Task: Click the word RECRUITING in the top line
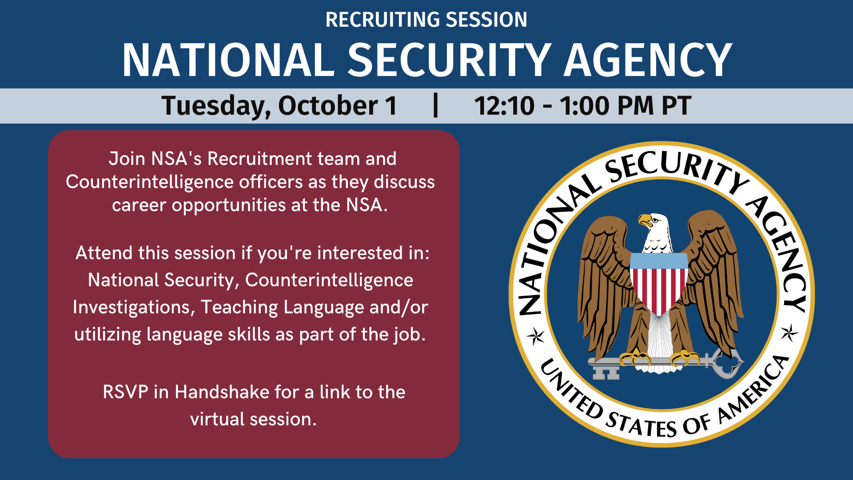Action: (383, 20)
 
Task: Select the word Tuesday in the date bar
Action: (216, 106)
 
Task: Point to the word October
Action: (328, 106)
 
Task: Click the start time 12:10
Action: (504, 106)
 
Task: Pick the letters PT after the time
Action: (676, 106)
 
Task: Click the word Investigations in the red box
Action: (133, 307)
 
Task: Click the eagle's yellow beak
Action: (644, 220)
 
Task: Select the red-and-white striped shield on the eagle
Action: (659, 284)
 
